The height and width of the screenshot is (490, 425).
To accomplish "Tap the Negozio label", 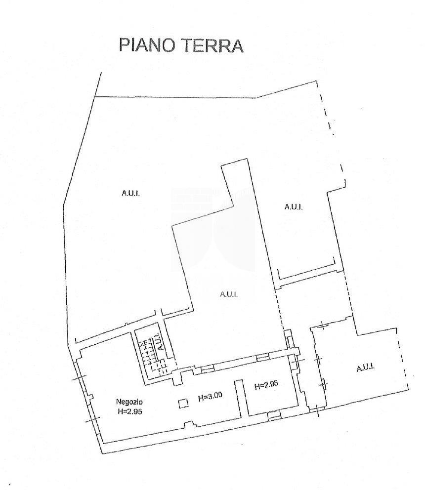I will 129,401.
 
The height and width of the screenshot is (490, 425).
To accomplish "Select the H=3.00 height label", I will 210,397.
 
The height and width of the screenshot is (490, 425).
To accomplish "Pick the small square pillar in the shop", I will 183,404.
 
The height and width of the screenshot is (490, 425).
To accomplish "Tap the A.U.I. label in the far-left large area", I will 130,193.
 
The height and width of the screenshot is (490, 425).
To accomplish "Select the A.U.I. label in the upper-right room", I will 293,207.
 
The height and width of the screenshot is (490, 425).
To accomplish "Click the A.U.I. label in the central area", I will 229,294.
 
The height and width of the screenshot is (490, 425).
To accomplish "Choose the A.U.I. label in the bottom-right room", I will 365,367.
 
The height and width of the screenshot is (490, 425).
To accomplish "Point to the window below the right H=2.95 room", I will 274,416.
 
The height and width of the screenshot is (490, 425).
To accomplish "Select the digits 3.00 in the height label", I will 215,397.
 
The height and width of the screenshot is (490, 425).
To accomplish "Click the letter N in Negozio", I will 119,401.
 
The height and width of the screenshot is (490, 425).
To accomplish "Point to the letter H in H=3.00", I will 200,397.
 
